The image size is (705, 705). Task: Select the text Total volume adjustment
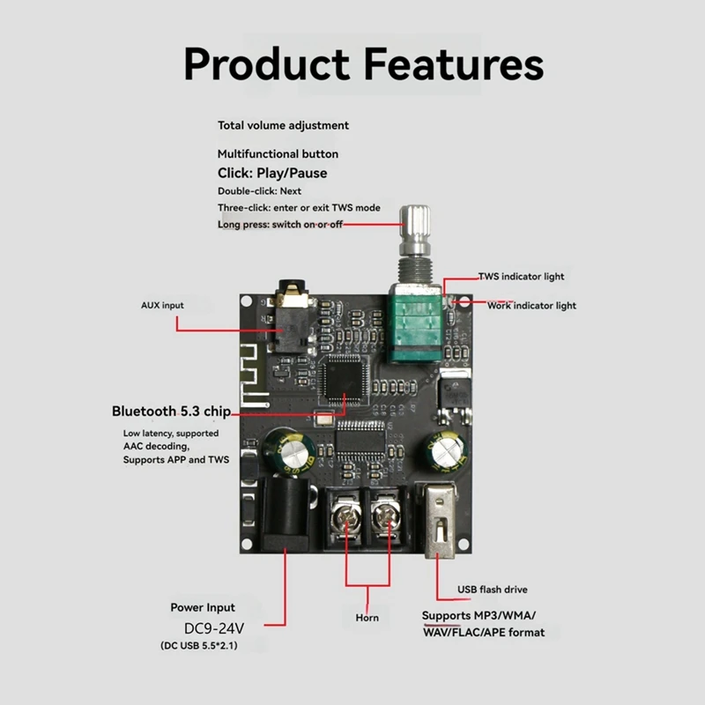[x=283, y=125]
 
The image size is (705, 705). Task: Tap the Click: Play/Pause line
[x=271, y=173]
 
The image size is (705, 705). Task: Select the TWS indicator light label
[x=521, y=276]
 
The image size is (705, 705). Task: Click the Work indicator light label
[x=531, y=305]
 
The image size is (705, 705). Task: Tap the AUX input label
[x=162, y=305]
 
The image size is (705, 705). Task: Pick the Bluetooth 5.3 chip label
[x=171, y=411]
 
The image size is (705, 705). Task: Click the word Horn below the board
[x=367, y=617]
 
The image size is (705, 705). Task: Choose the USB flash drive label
[x=492, y=589]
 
